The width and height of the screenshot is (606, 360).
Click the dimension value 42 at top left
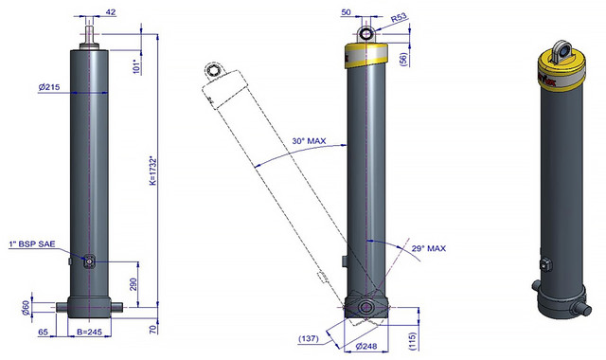pyautogui.click(x=110, y=12)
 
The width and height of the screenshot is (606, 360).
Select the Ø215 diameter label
pyautogui.click(x=49, y=87)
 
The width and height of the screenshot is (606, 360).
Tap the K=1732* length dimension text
pyautogui.click(x=153, y=171)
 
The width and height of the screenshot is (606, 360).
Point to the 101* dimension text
pyautogui.click(x=135, y=66)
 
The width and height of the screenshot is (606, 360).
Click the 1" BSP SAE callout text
pyautogui.click(x=32, y=244)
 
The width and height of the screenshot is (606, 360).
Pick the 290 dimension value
pyautogui.click(x=133, y=285)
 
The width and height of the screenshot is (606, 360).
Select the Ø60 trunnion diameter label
pyautogui.click(x=26, y=307)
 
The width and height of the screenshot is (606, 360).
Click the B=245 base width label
pyautogui.click(x=89, y=332)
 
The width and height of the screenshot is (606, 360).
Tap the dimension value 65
pyautogui.click(x=44, y=332)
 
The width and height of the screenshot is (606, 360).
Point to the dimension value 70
pyautogui.click(x=153, y=330)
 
